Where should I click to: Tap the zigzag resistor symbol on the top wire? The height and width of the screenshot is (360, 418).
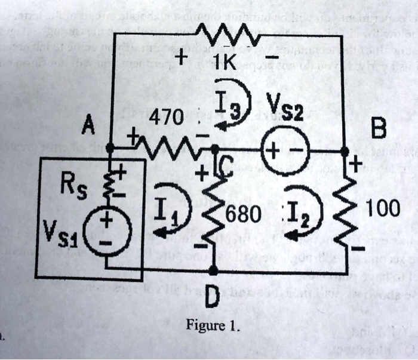[227, 35]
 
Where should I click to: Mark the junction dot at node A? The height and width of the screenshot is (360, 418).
[110, 147]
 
